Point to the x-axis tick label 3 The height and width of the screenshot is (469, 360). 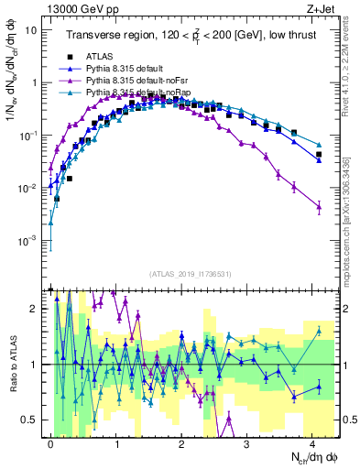click(x=247, y=442)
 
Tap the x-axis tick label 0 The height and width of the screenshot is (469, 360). click(x=50, y=442)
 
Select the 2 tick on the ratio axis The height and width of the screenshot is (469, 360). click(x=35, y=308)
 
